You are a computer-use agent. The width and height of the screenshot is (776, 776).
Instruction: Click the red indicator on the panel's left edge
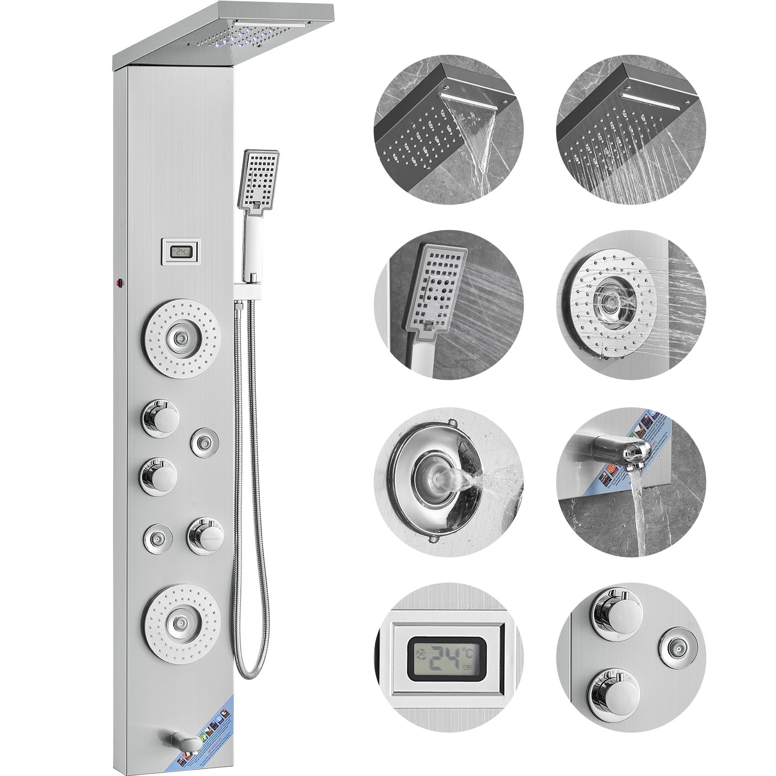[118, 281]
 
